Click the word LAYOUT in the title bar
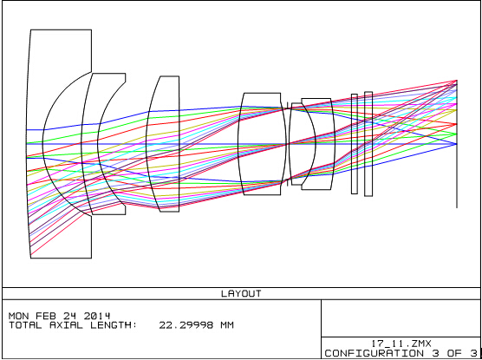pos(241,293)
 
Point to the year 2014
pos(96,316)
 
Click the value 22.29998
pos(186,325)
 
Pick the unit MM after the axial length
pos(227,325)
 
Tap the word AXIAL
pos(66,325)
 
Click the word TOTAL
pos(25,325)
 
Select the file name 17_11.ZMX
pos(401,344)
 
